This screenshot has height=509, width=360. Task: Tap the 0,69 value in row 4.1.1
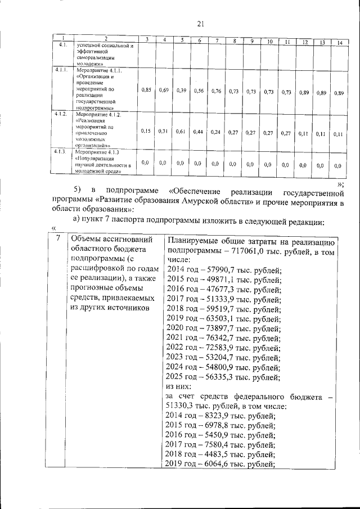tap(164, 90)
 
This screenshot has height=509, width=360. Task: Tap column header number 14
tap(339, 43)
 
